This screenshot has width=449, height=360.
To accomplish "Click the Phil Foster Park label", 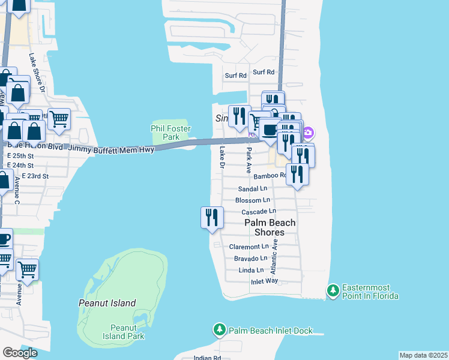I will [170, 133].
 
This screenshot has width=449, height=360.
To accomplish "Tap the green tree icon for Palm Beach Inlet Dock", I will [220, 330].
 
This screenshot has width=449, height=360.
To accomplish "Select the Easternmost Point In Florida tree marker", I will [333, 292].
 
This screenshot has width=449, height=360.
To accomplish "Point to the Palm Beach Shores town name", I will [270, 227].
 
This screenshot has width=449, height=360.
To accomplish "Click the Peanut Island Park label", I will [127, 332].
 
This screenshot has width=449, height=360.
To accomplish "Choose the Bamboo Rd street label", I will [271, 176].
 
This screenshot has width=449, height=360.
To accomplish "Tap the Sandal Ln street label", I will [252, 188].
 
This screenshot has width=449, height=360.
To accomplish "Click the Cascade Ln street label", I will [258, 212].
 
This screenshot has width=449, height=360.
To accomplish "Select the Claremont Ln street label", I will [249, 247].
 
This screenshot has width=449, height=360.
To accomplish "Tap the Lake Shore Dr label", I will [38, 71].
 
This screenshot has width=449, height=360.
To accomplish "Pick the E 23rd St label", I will [34, 176].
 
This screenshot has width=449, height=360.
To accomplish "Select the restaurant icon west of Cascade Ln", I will [212, 216].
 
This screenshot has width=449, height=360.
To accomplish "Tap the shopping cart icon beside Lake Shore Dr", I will [59, 119].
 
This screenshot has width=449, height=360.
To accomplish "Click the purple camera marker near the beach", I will [308, 132].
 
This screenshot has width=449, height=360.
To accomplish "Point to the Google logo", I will [20, 353].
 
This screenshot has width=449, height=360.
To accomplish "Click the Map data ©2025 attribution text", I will [423, 355].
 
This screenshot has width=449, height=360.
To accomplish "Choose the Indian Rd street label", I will [207, 358].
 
